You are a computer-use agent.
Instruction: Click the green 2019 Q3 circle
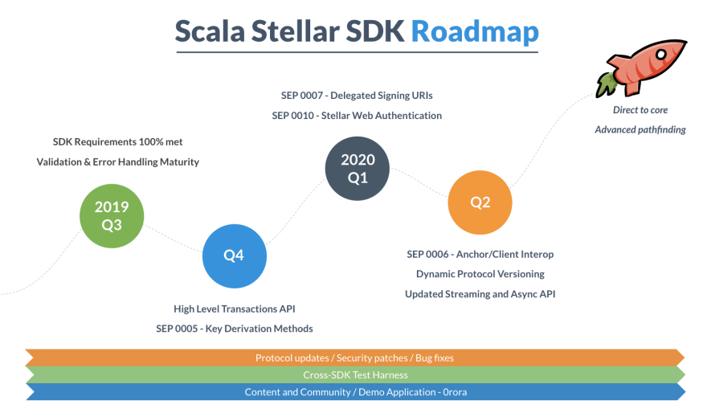[112, 216]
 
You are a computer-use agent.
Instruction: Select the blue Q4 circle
[235, 256]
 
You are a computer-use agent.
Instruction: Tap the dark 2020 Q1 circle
[358, 169]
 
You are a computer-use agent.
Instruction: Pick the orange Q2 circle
[480, 202]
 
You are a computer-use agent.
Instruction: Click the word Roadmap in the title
[475, 31]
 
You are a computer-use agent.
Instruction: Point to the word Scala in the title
[210, 31]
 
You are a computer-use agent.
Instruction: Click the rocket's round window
[661, 55]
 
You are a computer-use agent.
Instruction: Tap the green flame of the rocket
[607, 84]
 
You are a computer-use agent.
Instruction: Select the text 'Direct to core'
[640, 110]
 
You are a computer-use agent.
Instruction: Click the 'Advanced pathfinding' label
[640, 130]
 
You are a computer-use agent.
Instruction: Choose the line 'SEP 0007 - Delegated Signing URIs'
[357, 96]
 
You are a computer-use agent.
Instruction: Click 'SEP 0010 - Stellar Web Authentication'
[357, 116]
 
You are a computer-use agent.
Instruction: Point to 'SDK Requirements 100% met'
[117, 142]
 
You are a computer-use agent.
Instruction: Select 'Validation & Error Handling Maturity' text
[117, 162]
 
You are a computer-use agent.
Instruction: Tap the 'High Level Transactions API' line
[235, 309]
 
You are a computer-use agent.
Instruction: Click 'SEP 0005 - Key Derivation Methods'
[235, 329]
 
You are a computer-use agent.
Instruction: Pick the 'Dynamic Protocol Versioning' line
[480, 274]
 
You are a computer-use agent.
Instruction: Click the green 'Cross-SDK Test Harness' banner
[355, 375]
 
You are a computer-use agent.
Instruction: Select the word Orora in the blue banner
[455, 392]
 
